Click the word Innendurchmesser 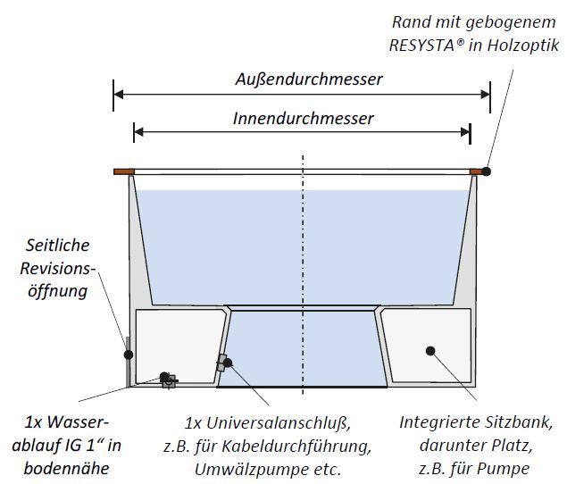(303, 118)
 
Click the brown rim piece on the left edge (123, 171)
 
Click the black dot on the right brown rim (487, 170)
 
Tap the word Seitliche (57, 245)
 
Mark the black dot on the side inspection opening (129, 355)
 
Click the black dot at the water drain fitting (163, 377)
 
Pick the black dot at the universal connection (229, 363)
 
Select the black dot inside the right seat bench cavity (429, 351)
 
